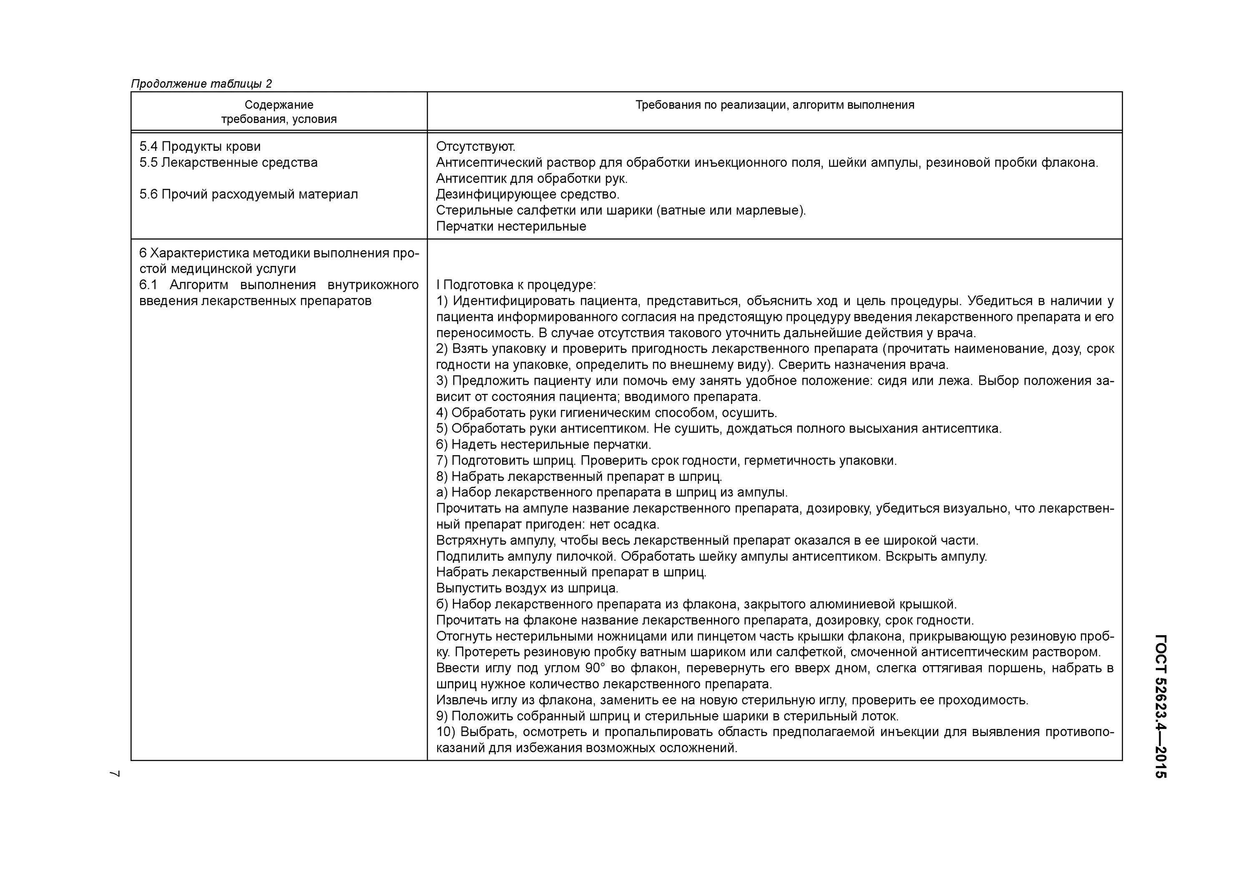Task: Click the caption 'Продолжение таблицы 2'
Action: coord(201,84)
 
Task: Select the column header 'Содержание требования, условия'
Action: coord(279,112)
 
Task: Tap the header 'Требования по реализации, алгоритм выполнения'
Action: coord(774,105)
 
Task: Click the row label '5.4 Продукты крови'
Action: coord(200,147)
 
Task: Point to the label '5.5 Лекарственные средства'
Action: coord(228,162)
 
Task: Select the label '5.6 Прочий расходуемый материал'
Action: coord(249,195)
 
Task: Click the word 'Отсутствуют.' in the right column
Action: coord(475,147)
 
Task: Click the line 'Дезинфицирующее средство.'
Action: coord(528,195)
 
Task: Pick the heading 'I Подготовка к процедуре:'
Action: coord(515,285)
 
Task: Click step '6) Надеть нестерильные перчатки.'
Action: coord(543,444)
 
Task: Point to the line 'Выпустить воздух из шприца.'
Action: coord(527,588)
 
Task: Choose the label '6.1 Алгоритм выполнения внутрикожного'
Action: coord(279,285)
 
